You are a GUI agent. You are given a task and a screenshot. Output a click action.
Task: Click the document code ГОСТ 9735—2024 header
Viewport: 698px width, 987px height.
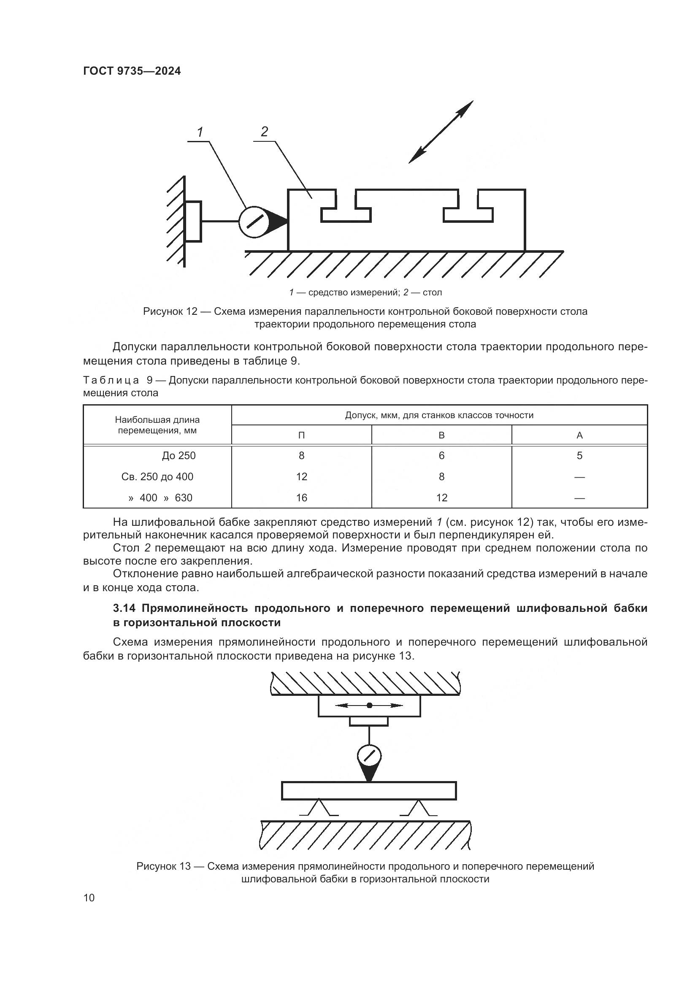point(132,71)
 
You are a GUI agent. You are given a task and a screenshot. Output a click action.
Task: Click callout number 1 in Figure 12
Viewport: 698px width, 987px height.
point(200,133)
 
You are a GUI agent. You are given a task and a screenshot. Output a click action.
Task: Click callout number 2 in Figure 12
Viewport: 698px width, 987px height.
point(264,132)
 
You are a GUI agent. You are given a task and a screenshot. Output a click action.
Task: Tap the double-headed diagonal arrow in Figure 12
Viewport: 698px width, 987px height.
point(441,132)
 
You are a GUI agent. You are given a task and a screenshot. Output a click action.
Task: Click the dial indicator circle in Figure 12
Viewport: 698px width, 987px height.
point(254,222)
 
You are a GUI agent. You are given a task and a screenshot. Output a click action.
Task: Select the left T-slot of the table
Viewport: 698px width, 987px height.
point(346,211)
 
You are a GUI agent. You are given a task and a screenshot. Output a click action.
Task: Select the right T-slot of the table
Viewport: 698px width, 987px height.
point(468,211)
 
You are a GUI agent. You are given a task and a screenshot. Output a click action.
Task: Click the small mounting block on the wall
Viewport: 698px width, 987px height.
point(193,222)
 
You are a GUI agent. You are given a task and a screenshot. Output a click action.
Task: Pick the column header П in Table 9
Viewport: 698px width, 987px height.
point(301,435)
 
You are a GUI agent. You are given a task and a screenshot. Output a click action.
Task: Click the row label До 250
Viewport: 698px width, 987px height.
point(179,456)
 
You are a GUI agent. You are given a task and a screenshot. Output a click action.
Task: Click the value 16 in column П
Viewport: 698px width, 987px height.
point(301,498)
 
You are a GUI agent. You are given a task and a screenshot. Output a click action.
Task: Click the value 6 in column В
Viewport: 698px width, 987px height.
point(441,456)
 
